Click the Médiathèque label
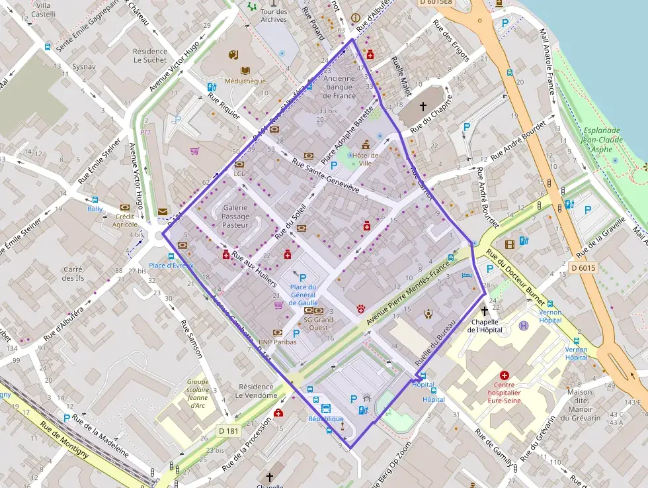coord(245,81)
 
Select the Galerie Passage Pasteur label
coord(235,217)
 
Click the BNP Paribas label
coord(280,342)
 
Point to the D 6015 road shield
coord(583,268)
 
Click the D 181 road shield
coord(229,431)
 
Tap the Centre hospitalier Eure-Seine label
coord(514,392)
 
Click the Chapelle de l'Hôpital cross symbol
coord(484,311)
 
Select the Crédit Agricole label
coord(125,220)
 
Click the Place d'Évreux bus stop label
coord(171,266)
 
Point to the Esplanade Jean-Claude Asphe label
coord(600,140)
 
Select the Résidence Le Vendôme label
coord(258,391)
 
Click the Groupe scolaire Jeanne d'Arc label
coord(198,393)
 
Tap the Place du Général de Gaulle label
coord(304,295)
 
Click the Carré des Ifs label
coord(72,273)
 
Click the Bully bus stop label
coord(95,209)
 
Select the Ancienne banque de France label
coord(340,87)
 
